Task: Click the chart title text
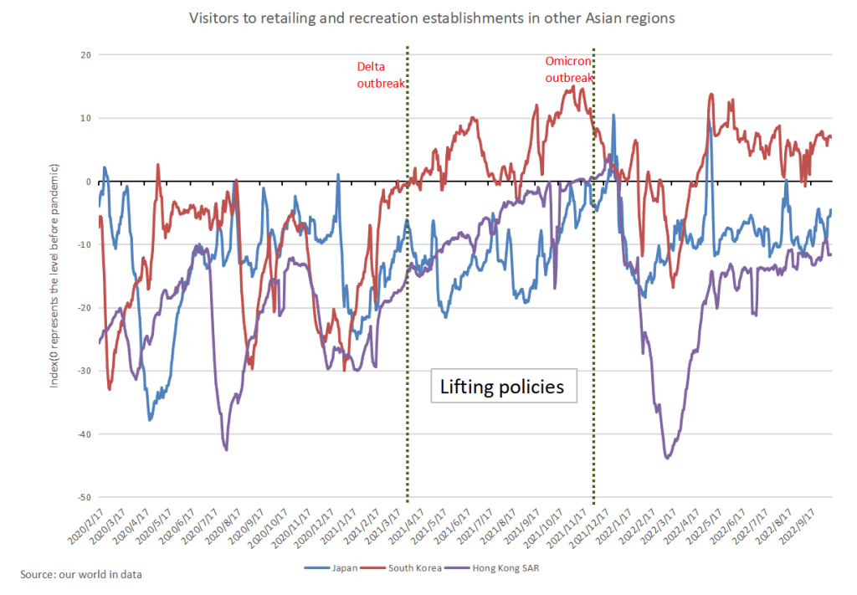click(432, 18)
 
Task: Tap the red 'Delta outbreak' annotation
click(381, 74)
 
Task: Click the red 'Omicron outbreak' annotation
click(568, 69)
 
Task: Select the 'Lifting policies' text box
click(503, 386)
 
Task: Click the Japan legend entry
click(331, 568)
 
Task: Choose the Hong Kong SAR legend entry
click(492, 568)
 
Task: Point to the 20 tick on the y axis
click(86, 54)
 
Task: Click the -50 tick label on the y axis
click(85, 497)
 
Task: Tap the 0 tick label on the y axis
click(89, 182)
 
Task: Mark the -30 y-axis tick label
click(85, 371)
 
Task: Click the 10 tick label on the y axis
click(86, 118)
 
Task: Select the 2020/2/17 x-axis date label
click(86, 526)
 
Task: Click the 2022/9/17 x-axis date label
click(798, 526)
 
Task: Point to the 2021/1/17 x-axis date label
click(338, 526)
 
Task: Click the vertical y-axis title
click(54, 276)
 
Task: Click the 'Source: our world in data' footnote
click(81, 574)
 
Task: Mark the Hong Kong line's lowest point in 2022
click(667, 458)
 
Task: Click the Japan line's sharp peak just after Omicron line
click(613, 115)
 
